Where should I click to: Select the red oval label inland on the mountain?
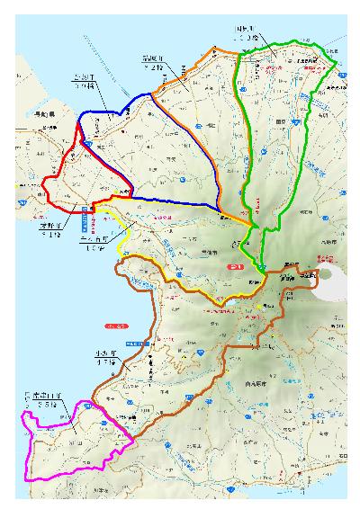click(236, 267)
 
